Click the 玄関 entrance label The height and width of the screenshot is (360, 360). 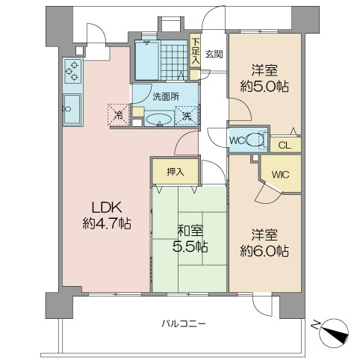pos(214,53)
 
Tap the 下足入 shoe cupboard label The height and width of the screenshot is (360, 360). pos(195,52)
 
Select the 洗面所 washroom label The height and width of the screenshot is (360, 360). pos(165,97)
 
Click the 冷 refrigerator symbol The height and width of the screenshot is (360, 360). pos(119,115)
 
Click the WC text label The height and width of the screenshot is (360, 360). pos(237,140)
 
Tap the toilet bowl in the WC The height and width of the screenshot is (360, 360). pos(256,140)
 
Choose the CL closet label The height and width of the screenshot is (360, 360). pos(285,146)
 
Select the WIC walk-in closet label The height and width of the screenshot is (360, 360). pos(280,175)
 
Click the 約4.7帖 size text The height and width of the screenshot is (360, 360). pos(106,223)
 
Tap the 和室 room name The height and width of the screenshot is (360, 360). pos(190,230)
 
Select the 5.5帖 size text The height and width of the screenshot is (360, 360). pos(190,246)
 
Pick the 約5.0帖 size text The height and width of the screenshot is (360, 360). pos(264,87)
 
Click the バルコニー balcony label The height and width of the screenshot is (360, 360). pos(184,323)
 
